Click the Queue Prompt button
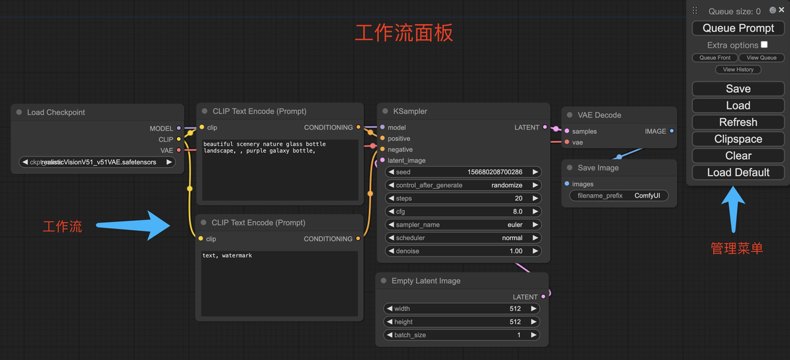[738, 29]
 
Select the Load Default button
[738, 172]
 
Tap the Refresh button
[738, 123]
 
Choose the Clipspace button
[738, 139]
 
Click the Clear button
[738, 156]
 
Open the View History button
[738, 70]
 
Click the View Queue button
[762, 58]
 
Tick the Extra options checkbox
[764, 45]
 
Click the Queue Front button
[714, 58]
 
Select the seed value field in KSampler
[463, 172]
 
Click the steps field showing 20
[463, 198]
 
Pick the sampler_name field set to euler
[463, 225]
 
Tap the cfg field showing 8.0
[463, 211]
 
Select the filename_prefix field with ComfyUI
[619, 196]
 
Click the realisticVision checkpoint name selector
[97, 162]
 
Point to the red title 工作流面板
[404, 33]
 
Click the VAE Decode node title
[599, 115]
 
